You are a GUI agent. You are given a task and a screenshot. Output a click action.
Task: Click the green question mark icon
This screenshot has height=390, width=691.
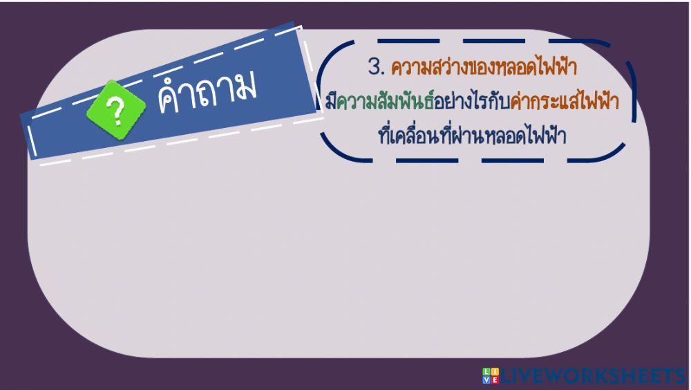[x=116, y=109]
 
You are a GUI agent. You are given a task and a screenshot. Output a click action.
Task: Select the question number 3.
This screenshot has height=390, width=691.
[x=376, y=68]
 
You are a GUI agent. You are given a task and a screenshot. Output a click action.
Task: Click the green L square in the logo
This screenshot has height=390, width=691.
[x=486, y=372]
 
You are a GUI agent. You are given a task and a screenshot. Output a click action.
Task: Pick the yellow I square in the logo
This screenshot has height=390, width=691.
[x=494, y=372]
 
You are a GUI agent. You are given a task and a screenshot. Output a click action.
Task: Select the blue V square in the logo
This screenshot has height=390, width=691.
[x=486, y=380]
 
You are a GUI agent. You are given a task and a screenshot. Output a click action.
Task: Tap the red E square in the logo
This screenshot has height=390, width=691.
[x=494, y=380]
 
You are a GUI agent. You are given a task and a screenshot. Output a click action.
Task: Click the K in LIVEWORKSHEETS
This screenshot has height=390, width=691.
[x=600, y=376]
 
